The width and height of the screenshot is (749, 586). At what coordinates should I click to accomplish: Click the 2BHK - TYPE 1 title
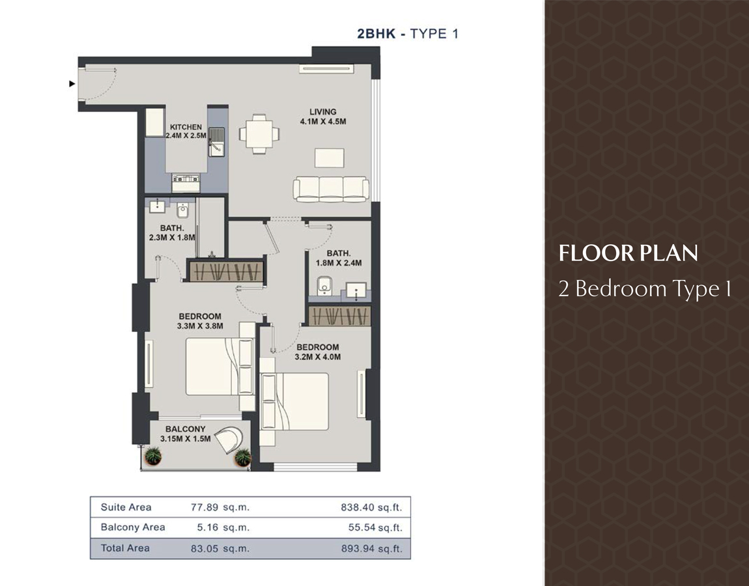click(x=407, y=34)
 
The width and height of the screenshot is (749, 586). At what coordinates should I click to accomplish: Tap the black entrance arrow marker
click(x=72, y=83)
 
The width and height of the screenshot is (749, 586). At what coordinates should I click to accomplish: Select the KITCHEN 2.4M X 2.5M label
click(x=186, y=132)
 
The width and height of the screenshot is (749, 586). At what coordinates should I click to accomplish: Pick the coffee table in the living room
click(x=329, y=158)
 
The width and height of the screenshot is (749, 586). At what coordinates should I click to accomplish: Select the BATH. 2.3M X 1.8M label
click(x=172, y=233)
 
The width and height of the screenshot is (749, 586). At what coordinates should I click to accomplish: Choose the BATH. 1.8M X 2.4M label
click(x=339, y=258)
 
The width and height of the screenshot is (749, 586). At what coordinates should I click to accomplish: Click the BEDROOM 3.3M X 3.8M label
click(x=200, y=322)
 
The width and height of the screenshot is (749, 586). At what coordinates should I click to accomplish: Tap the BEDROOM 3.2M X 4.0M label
click(x=318, y=352)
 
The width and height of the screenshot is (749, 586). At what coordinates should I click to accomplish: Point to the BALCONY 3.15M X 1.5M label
click(x=185, y=434)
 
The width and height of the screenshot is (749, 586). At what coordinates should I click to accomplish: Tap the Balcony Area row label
click(x=133, y=527)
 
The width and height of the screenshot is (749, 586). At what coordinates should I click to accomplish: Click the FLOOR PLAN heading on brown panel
click(x=628, y=253)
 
